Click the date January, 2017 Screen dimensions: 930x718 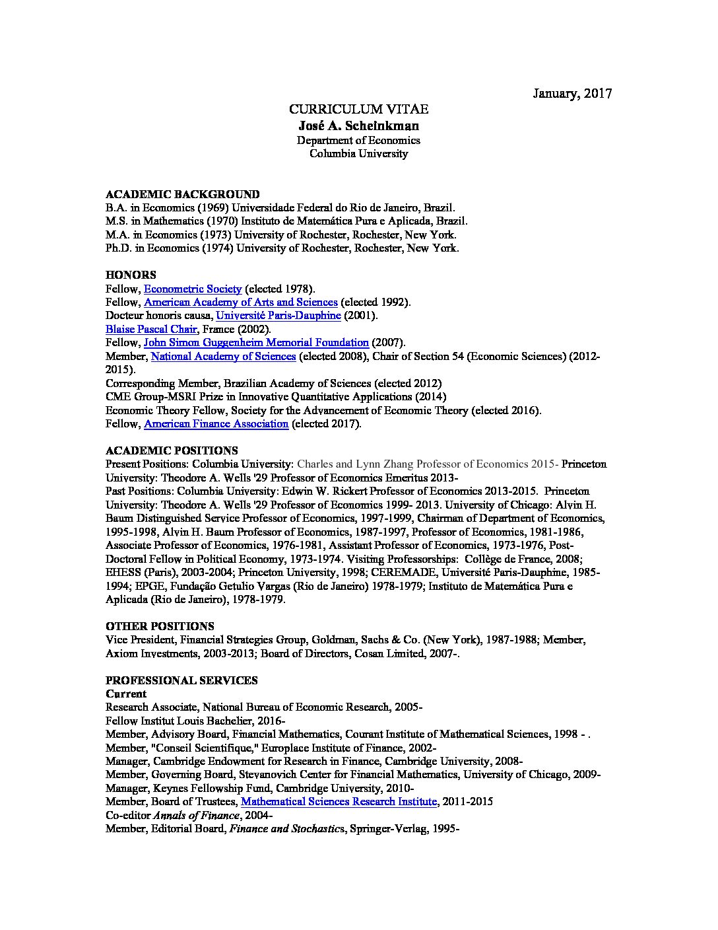tap(572, 93)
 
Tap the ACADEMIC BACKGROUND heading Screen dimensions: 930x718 tap(183, 194)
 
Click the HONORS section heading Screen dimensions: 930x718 tap(131, 275)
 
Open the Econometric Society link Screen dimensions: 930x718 tap(193, 289)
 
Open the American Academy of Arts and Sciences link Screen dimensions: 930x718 tap(240, 302)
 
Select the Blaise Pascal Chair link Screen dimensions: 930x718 tap(150, 329)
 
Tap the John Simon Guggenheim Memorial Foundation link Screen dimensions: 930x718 tap(256, 342)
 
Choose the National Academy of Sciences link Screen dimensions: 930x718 tap(223, 356)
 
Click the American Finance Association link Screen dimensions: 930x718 tap(216, 423)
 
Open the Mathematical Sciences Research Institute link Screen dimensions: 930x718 tap(339, 801)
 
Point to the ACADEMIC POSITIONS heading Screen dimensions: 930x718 tap(172, 450)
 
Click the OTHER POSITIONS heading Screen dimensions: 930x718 tap(160, 626)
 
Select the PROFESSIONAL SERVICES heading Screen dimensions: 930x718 tap(181, 680)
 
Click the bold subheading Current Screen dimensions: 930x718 tap(126, 694)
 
